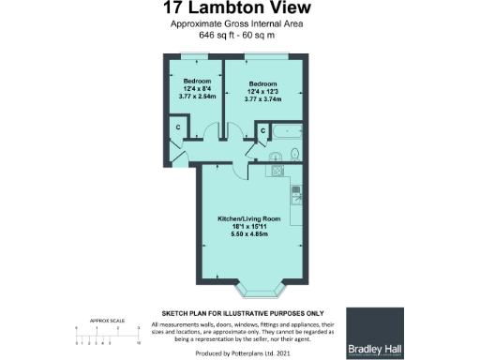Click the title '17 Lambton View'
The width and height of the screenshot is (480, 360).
click(x=240, y=9)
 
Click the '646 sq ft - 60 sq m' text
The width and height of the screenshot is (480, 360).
click(x=240, y=35)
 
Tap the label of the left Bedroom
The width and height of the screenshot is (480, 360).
click(x=197, y=80)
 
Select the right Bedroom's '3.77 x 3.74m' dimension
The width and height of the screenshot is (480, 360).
click(x=262, y=97)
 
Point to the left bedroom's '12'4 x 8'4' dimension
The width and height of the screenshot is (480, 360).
click(x=197, y=88)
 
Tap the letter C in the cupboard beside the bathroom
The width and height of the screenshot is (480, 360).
click(x=263, y=129)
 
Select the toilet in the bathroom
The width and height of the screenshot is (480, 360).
click(x=294, y=154)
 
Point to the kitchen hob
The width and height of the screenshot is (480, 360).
click(x=278, y=172)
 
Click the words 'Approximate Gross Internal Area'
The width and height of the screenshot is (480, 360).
click(x=240, y=23)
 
